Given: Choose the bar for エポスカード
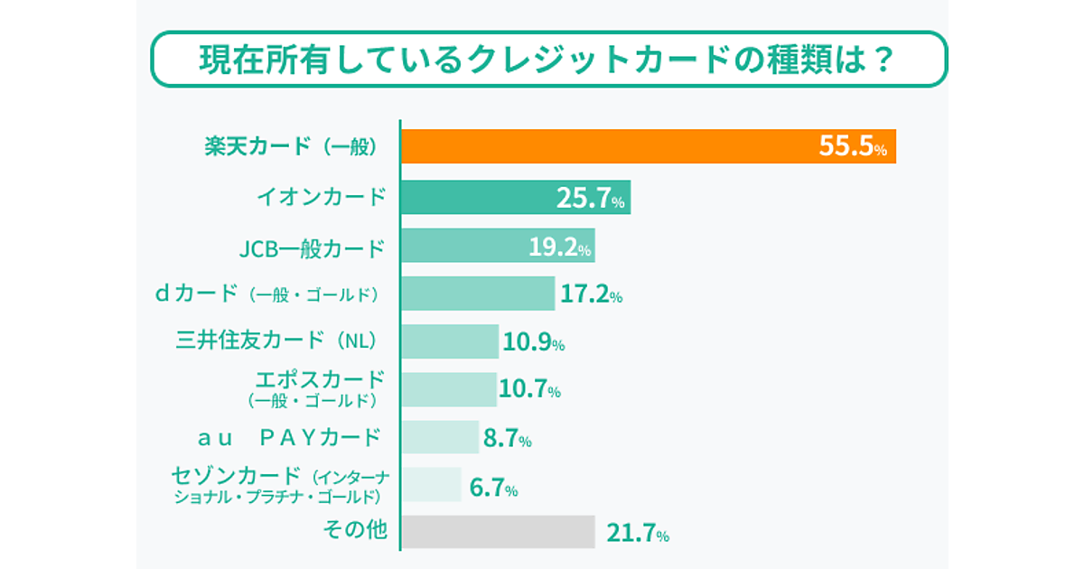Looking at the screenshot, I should [x=448, y=389].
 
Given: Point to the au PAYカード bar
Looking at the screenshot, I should [x=439, y=437].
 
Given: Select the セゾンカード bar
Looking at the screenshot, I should [x=431, y=485].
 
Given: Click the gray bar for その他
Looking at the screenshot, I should [x=497, y=532].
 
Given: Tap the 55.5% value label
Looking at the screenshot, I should [x=852, y=147].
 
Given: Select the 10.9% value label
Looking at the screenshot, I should [x=533, y=342].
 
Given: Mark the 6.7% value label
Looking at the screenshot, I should [x=493, y=489].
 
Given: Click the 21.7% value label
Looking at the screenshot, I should [x=637, y=534].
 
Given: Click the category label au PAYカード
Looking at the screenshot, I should [x=289, y=438].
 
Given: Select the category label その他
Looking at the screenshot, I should [x=355, y=530].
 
